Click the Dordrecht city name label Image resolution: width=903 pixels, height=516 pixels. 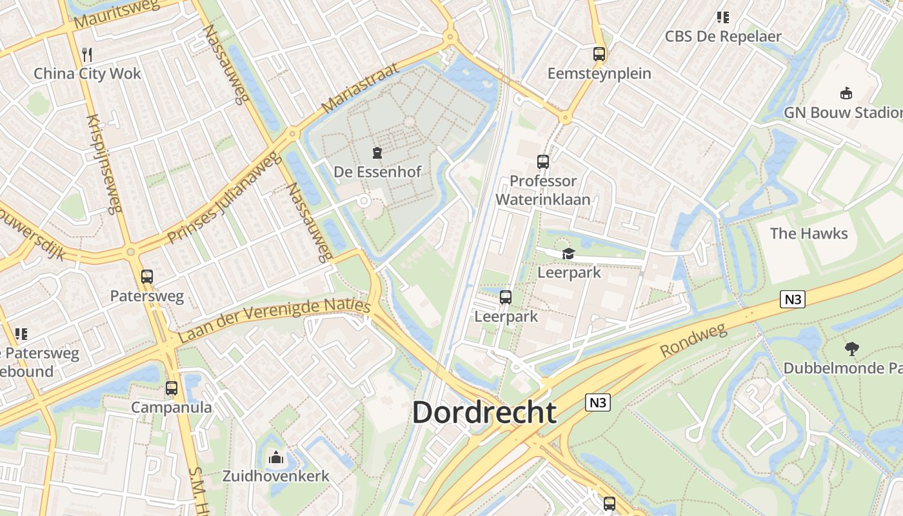point(484,412)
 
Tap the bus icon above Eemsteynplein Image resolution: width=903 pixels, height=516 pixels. point(599,54)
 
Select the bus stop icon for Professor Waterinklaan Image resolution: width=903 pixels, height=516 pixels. point(543,162)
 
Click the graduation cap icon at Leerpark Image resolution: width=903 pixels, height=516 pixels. point(568,254)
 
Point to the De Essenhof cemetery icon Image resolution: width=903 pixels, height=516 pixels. point(377,153)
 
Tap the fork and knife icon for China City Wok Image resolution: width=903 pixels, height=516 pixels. point(88,54)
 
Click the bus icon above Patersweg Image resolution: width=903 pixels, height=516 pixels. point(147,277)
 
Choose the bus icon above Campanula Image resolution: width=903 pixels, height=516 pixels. point(172,388)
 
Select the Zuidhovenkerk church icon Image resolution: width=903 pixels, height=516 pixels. point(276,458)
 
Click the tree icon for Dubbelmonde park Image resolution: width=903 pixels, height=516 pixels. point(852,349)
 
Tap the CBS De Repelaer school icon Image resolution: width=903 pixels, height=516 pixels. point(723,17)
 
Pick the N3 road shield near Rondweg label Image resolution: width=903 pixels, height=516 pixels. point(793,299)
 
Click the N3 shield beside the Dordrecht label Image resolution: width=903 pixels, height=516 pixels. point(598,402)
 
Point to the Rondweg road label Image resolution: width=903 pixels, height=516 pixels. point(693,341)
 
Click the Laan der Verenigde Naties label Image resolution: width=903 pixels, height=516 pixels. point(274,320)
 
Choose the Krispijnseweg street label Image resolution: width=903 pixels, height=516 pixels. point(104,164)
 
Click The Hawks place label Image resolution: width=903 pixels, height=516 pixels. point(809,233)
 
